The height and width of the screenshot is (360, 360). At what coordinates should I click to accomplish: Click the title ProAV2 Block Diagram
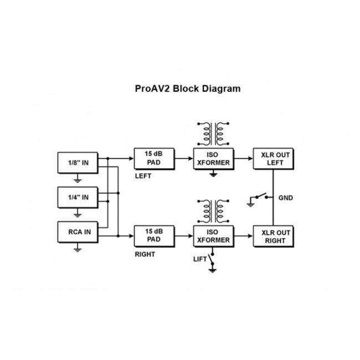click(188, 89)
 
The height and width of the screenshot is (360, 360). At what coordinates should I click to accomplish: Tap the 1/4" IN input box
click(78, 197)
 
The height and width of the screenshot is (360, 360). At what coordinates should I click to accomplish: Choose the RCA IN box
click(78, 232)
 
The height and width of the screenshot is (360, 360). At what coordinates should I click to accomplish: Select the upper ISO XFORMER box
click(213, 158)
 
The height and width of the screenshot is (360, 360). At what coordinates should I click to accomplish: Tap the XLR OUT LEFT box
click(272, 158)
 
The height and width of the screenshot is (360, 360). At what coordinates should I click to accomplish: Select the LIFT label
click(199, 259)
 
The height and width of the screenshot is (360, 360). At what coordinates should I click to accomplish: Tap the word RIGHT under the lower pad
click(145, 254)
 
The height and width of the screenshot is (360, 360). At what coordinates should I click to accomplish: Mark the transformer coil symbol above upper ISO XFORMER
click(213, 133)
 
